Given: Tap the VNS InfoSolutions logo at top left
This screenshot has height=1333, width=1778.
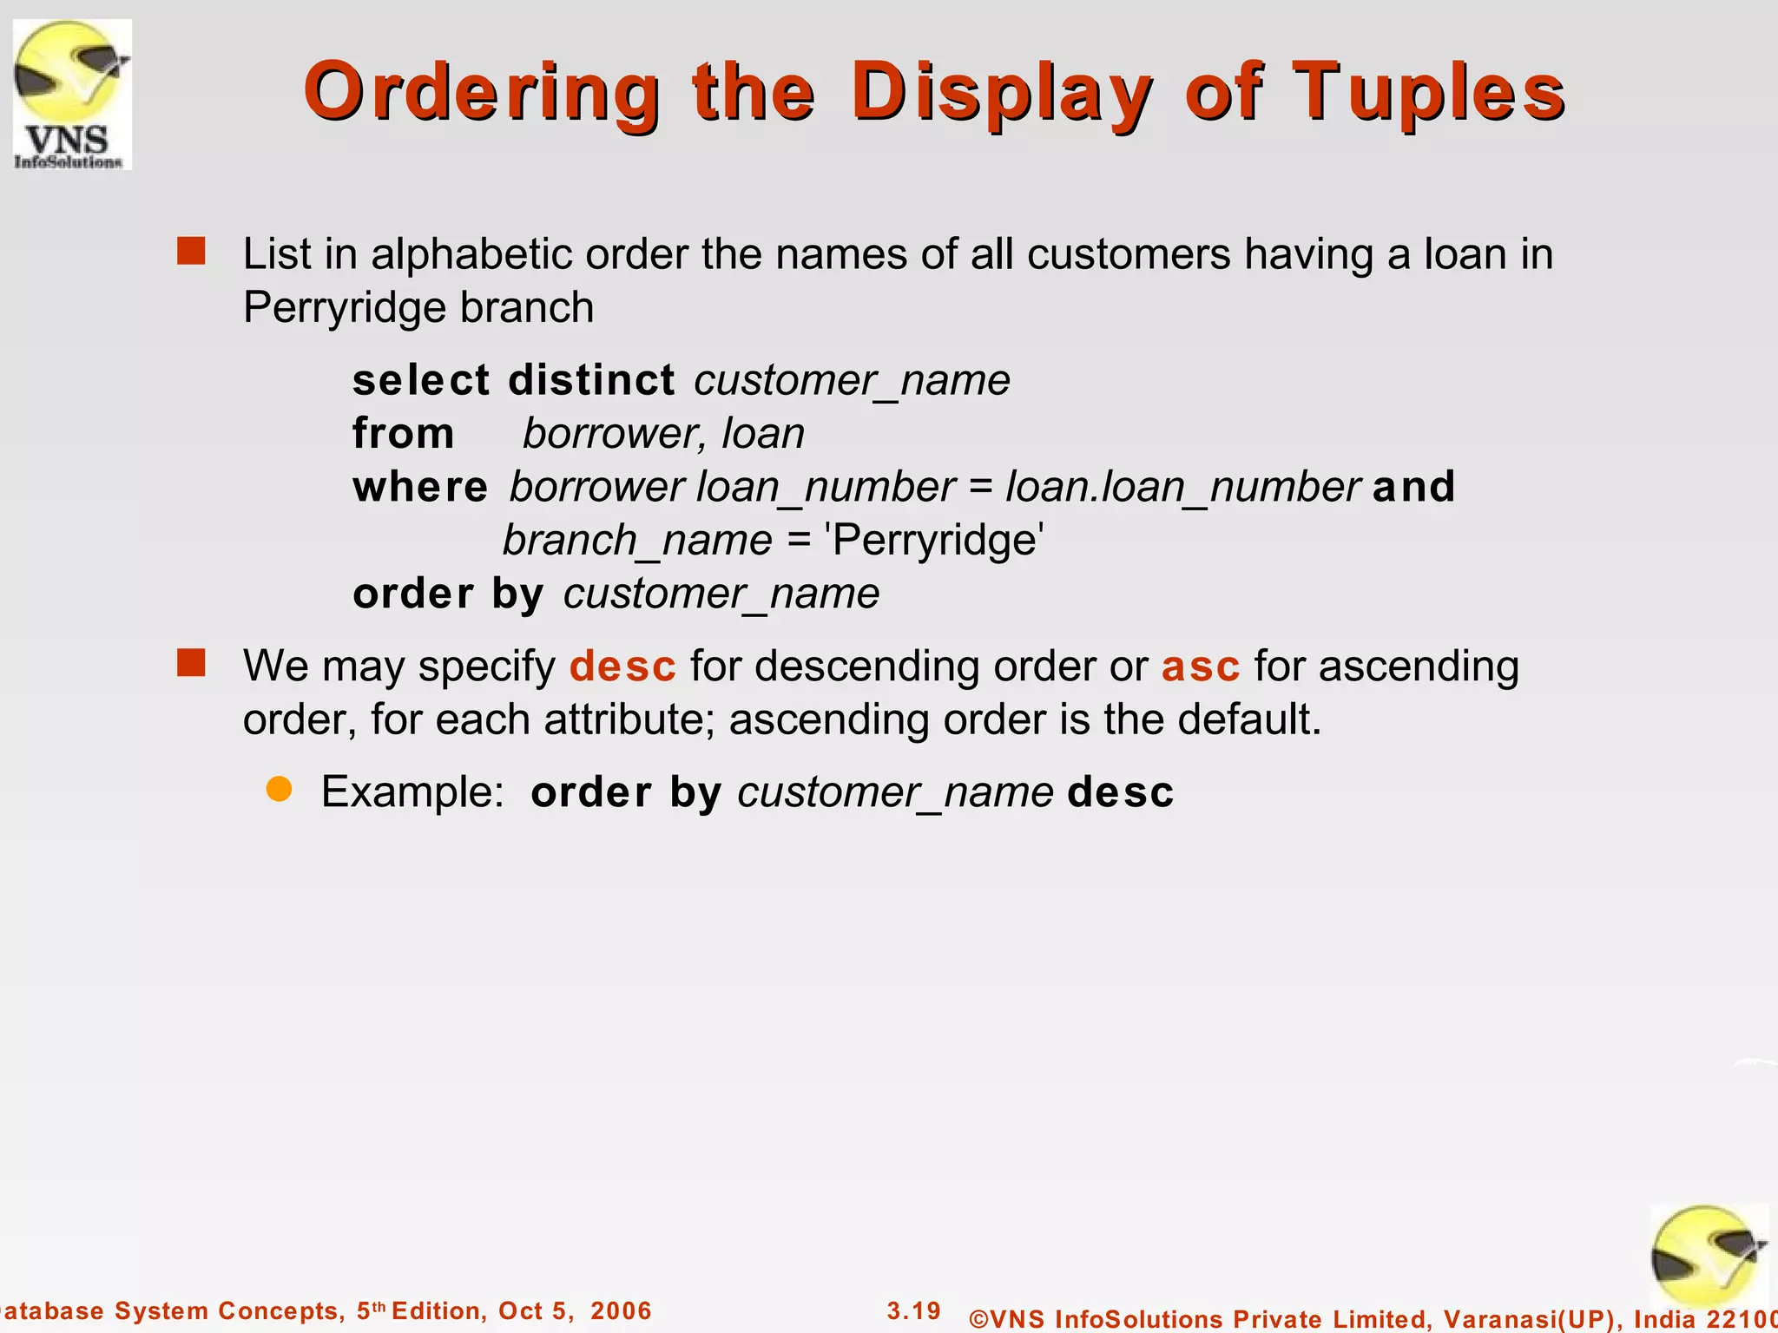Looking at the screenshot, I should (x=72, y=94).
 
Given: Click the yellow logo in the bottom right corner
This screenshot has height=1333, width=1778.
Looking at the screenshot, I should (x=1708, y=1257).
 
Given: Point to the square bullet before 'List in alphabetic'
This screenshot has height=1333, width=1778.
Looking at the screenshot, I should (x=191, y=252).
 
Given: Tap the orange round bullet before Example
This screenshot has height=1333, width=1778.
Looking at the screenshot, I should (x=279, y=789).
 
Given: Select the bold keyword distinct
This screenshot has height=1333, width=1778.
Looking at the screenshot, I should (x=591, y=380).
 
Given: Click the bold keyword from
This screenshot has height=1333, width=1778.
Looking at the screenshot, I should (x=403, y=433).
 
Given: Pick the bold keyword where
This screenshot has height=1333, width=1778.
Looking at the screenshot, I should (x=420, y=487).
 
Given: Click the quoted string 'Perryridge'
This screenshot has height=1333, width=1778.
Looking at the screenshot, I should (x=935, y=540).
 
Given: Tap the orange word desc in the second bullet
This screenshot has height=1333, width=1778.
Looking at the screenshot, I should (x=622, y=666).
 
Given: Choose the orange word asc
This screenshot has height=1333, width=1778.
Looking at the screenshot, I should (x=1201, y=666).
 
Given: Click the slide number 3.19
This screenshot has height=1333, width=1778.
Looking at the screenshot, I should (x=913, y=1310).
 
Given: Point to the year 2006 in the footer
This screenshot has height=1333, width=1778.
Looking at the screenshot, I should (x=621, y=1310).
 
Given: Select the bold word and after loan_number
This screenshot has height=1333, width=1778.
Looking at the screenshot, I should (x=1413, y=486).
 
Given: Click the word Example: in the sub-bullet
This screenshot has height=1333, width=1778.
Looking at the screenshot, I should (x=412, y=791).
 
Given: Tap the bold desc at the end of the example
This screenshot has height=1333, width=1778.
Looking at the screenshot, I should (x=1120, y=791).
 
